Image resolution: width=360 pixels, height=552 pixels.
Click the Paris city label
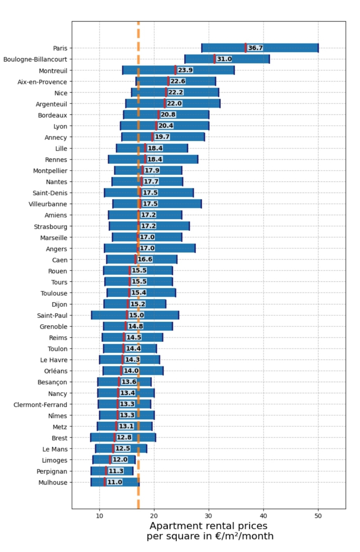click(x=60, y=48)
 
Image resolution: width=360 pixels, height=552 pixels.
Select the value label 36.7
click(x=255, y=48)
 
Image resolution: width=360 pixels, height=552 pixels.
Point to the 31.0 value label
click(x=224, y=59)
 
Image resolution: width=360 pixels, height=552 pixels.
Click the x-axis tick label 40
click(x=263, y=516)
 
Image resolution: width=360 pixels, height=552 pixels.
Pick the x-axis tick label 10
click(x=99, y=516)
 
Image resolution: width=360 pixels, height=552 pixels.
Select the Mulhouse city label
click(x=53, y=483)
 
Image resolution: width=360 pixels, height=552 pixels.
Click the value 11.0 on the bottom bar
click(x=115, y=482)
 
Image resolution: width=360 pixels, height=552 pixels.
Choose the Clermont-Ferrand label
click(x=40, y=405)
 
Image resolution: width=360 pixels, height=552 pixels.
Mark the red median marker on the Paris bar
click(x=246, y=48)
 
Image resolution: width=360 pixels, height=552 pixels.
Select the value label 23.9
click(x=185, y=70)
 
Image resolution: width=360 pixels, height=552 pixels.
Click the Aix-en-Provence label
click(x=42, y=82)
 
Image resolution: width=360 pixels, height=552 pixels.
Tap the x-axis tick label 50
click(x=318, y=516)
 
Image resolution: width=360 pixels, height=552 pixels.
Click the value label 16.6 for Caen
click(x=145, y=259)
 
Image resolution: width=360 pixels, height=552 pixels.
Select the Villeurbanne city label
click(x=48, y=204)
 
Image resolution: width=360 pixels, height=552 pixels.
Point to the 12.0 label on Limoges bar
click(x=120, y=460)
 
